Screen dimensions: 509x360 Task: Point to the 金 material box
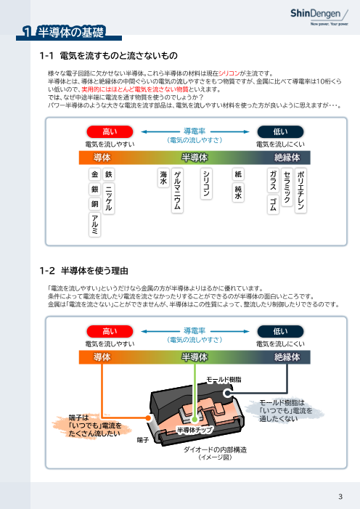(x=94, y=175)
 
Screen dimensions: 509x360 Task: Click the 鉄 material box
(x=109, y=175)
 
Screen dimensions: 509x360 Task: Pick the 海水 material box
(x=163, y=179)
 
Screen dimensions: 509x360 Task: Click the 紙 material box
(x=238, y=175)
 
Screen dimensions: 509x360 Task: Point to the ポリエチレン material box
(x=301, y=191)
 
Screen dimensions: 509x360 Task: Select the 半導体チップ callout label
(x=195, y=430)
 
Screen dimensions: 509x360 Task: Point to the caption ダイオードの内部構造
(x=206, y=450)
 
